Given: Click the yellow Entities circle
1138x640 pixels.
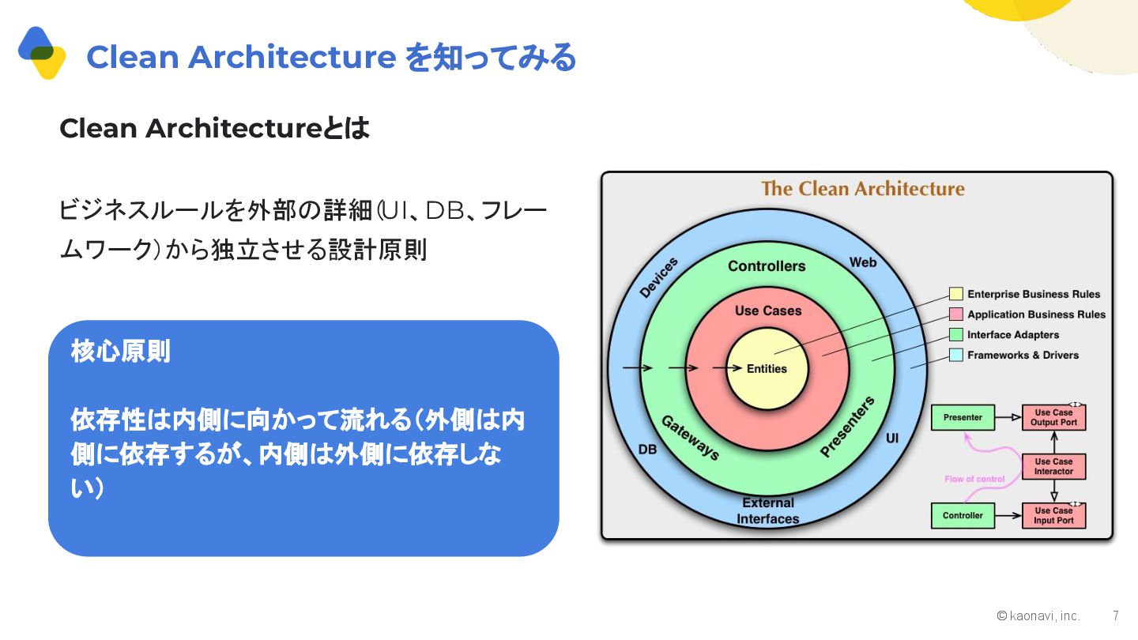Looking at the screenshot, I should pos(767,368).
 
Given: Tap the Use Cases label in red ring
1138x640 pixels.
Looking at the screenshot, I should pos(768,311).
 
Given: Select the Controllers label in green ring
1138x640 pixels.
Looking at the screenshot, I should pos(767,266).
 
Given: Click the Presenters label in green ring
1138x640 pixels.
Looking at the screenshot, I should pos(847,427).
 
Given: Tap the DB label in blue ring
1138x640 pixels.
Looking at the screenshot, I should pos(647,449).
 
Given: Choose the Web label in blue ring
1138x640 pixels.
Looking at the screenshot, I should pos(862,262).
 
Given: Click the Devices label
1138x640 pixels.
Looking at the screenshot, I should pos(658,278).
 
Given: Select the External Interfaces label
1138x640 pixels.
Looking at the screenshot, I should pos(767,510).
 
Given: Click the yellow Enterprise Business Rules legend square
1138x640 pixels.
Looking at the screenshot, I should pos(955,294).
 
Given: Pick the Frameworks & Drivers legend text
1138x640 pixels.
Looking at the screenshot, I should pos(1023,356).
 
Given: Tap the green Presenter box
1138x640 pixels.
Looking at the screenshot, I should pos(963,417).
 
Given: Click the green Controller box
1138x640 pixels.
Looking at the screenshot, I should pos(963,515).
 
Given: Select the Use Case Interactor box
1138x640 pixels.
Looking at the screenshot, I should pos(1053,466).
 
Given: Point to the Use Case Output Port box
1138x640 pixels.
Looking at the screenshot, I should pos(1053,417).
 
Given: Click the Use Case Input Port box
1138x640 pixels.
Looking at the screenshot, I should pos(1053,515).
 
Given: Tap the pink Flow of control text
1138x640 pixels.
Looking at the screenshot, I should pos(974,479).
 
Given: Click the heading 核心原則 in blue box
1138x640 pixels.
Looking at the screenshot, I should pos(120,352).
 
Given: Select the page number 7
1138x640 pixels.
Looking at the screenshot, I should pos(1115,616).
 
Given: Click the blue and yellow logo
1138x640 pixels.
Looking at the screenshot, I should pos(42,53).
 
